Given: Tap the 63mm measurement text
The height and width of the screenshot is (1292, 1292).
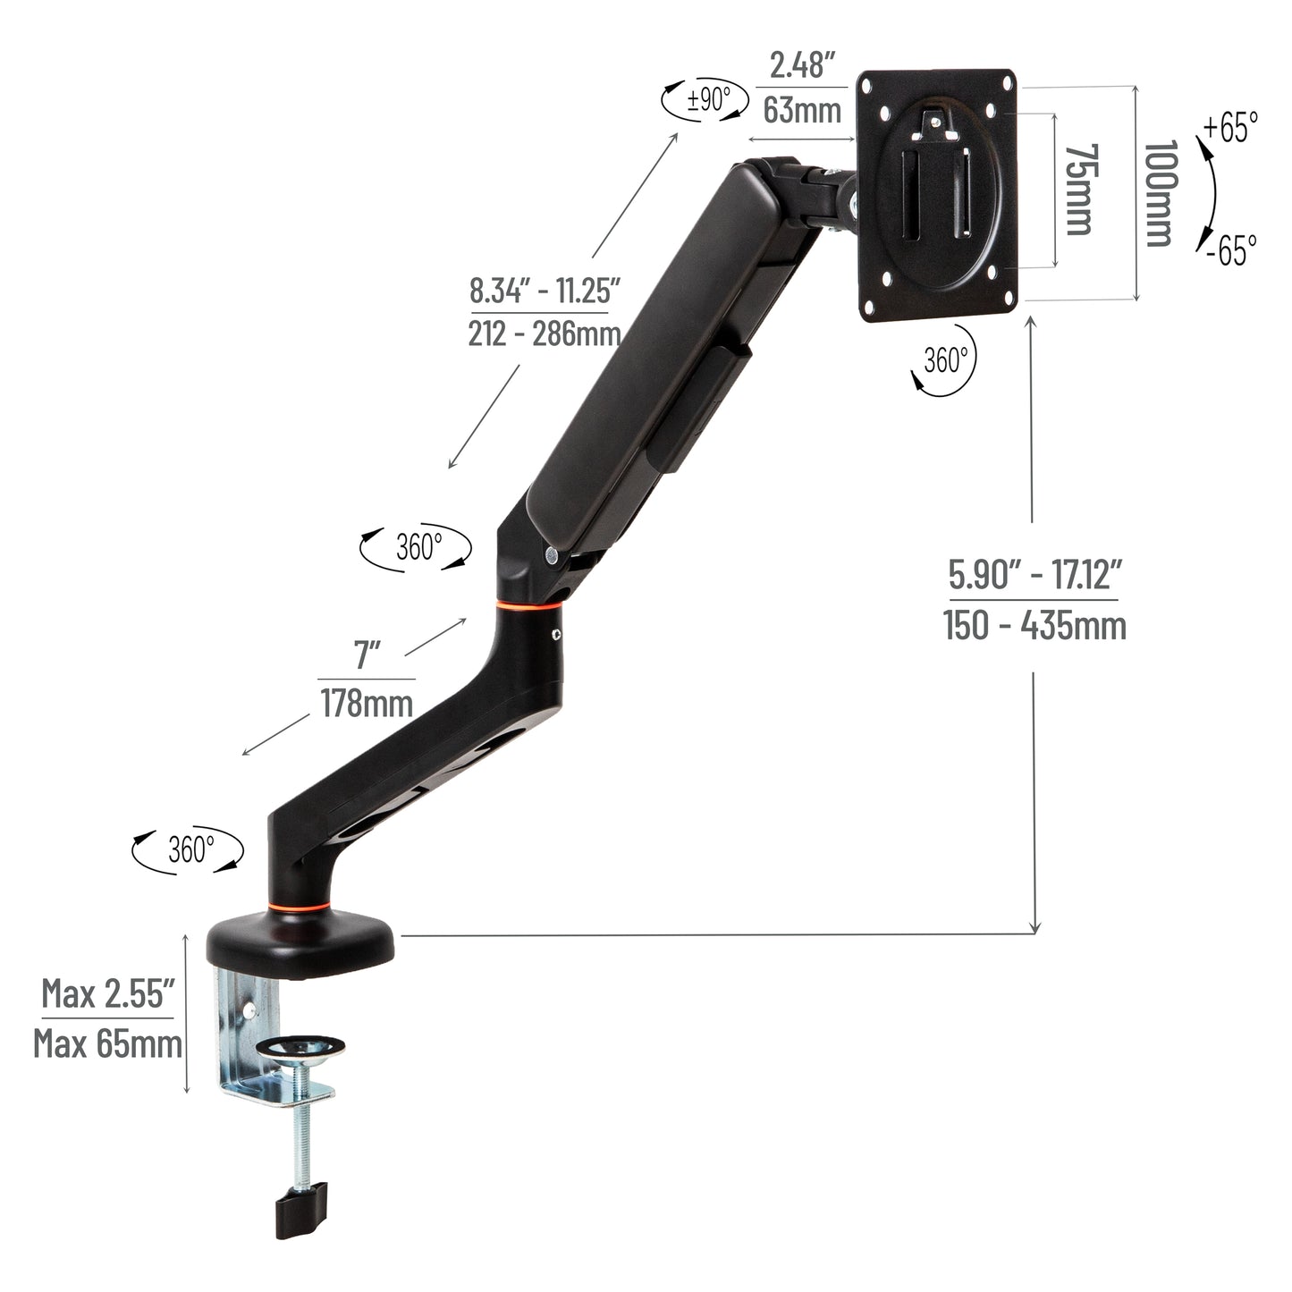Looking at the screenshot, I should coord(802,110).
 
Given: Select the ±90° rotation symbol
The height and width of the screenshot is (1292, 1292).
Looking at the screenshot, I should coord(705,98).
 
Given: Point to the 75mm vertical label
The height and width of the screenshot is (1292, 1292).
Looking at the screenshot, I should coord(1080,190).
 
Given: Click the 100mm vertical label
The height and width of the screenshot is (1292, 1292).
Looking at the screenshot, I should coord(1159,193).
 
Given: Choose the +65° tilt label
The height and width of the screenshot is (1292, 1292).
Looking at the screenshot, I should coord(1230,127).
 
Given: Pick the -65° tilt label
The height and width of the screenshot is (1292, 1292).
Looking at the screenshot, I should coord(1229,249).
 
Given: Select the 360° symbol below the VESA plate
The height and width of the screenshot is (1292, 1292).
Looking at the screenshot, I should coord(943,361).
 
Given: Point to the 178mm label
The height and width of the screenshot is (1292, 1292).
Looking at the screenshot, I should coord(367,704).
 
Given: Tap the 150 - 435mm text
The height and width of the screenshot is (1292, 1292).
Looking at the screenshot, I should coord(1034,625).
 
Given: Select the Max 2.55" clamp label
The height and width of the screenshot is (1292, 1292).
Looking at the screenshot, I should coord(107,993).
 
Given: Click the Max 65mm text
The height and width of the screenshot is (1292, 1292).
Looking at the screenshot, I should coord(107,1043).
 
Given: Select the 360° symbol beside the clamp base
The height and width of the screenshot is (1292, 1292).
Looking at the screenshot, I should coord(188,849).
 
